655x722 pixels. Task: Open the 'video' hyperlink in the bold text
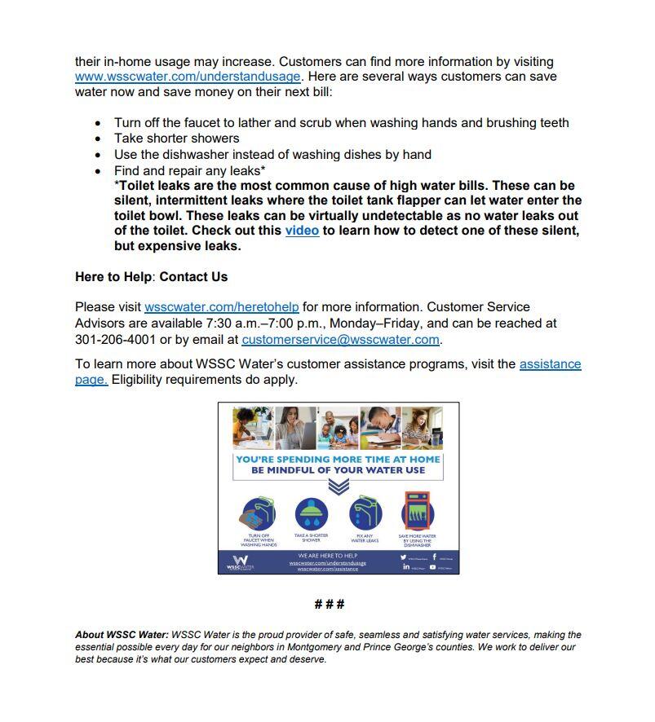tap(302, 231)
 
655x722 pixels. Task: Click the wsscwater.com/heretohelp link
tap(221, 307)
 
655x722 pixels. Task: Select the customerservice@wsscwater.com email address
tap(340, 339)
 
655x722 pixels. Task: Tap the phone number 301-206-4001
tap(115, 339)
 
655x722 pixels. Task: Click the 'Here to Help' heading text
tap(113, 277)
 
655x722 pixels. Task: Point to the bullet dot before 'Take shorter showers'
tap(99, 139)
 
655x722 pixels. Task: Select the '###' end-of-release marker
tap(329, 604)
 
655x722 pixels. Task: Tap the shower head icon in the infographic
tap(312, 514)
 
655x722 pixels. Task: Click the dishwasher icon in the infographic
tap(417, 512)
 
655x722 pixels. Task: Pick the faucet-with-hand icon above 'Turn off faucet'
tap(259, 514)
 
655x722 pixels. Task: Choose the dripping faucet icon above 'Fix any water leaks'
tap(365, 514)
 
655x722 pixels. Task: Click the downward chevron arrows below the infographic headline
tap(339, 486)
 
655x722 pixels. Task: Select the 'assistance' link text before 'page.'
tap(550, 364)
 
